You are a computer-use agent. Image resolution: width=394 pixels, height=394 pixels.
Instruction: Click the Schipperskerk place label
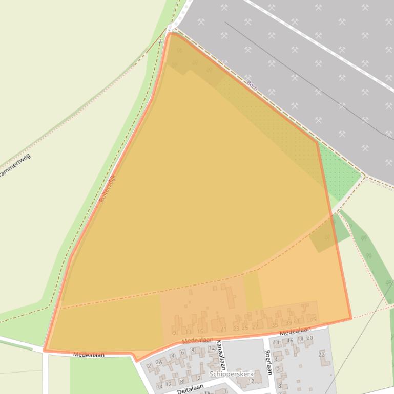(231, 374)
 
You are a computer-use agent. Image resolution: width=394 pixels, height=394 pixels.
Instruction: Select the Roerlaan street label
(267, 362)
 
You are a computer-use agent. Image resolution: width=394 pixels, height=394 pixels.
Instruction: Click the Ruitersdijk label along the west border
(108, 188)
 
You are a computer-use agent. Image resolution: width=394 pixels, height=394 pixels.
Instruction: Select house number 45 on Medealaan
(313, 320)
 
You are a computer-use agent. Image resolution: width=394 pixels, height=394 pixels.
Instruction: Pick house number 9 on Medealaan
(175, 333)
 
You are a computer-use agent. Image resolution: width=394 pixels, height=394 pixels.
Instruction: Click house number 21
(223, 329)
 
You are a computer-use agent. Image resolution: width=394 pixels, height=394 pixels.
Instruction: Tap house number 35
(275, 324)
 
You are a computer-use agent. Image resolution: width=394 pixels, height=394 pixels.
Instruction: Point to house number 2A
(159, 363)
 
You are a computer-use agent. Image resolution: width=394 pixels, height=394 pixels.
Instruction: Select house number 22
(322, 354)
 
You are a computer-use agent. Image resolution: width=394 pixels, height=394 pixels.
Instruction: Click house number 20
(309, 338)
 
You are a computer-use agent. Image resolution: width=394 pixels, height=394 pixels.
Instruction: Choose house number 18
(300, 339)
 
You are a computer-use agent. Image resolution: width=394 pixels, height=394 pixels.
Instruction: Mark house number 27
(255, 326)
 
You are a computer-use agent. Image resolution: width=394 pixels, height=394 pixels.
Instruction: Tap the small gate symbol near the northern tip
(160, 41)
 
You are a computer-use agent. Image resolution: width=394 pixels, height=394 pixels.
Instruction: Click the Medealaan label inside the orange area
(197, 340)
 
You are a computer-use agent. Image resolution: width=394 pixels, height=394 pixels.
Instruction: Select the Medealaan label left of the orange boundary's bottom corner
(88, 354)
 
